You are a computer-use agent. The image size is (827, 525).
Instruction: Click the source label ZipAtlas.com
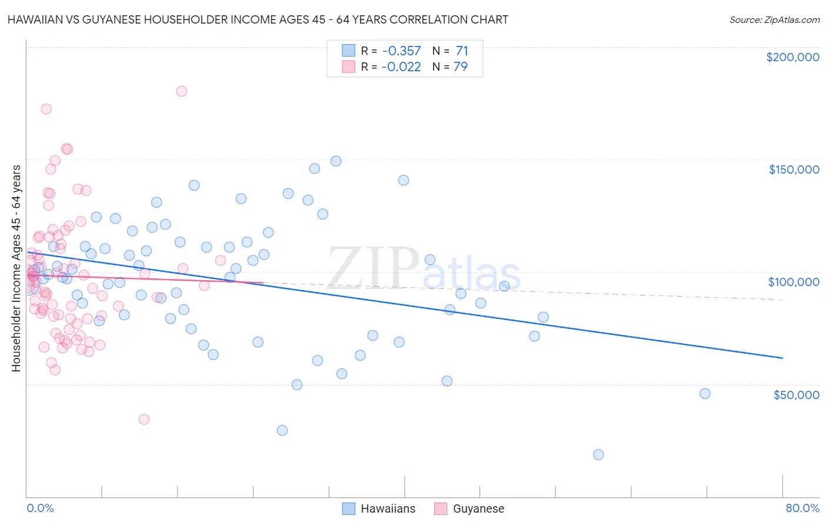point(774,19)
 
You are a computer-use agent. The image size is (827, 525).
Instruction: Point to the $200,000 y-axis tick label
point(792,57)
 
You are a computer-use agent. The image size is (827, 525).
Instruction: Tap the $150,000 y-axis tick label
point(793,170)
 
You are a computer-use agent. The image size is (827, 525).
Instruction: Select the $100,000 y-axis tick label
point(793,282)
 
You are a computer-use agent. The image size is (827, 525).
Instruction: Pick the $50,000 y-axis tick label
point(796,394)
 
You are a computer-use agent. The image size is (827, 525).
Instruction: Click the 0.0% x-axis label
point(40,508)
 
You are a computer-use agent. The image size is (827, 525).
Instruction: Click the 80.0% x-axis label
point(802,508)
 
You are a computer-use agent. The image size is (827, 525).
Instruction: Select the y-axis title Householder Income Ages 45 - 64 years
point(16,268)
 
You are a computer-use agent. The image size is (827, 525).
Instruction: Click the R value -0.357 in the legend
point(401,51)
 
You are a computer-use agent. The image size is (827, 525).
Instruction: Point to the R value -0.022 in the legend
point(401,67)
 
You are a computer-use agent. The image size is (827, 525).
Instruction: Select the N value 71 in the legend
point(462,51)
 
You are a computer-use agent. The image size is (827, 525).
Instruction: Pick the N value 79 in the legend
point(461,67)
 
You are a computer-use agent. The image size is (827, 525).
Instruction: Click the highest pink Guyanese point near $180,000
point(181,91)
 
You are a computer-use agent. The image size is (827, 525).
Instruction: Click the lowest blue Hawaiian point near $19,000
point(598,454)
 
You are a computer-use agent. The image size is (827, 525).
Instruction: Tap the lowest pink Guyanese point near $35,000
point(144,419)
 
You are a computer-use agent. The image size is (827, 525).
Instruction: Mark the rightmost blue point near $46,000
point(705,394)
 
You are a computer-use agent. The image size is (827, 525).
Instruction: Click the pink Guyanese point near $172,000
point(46,109)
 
